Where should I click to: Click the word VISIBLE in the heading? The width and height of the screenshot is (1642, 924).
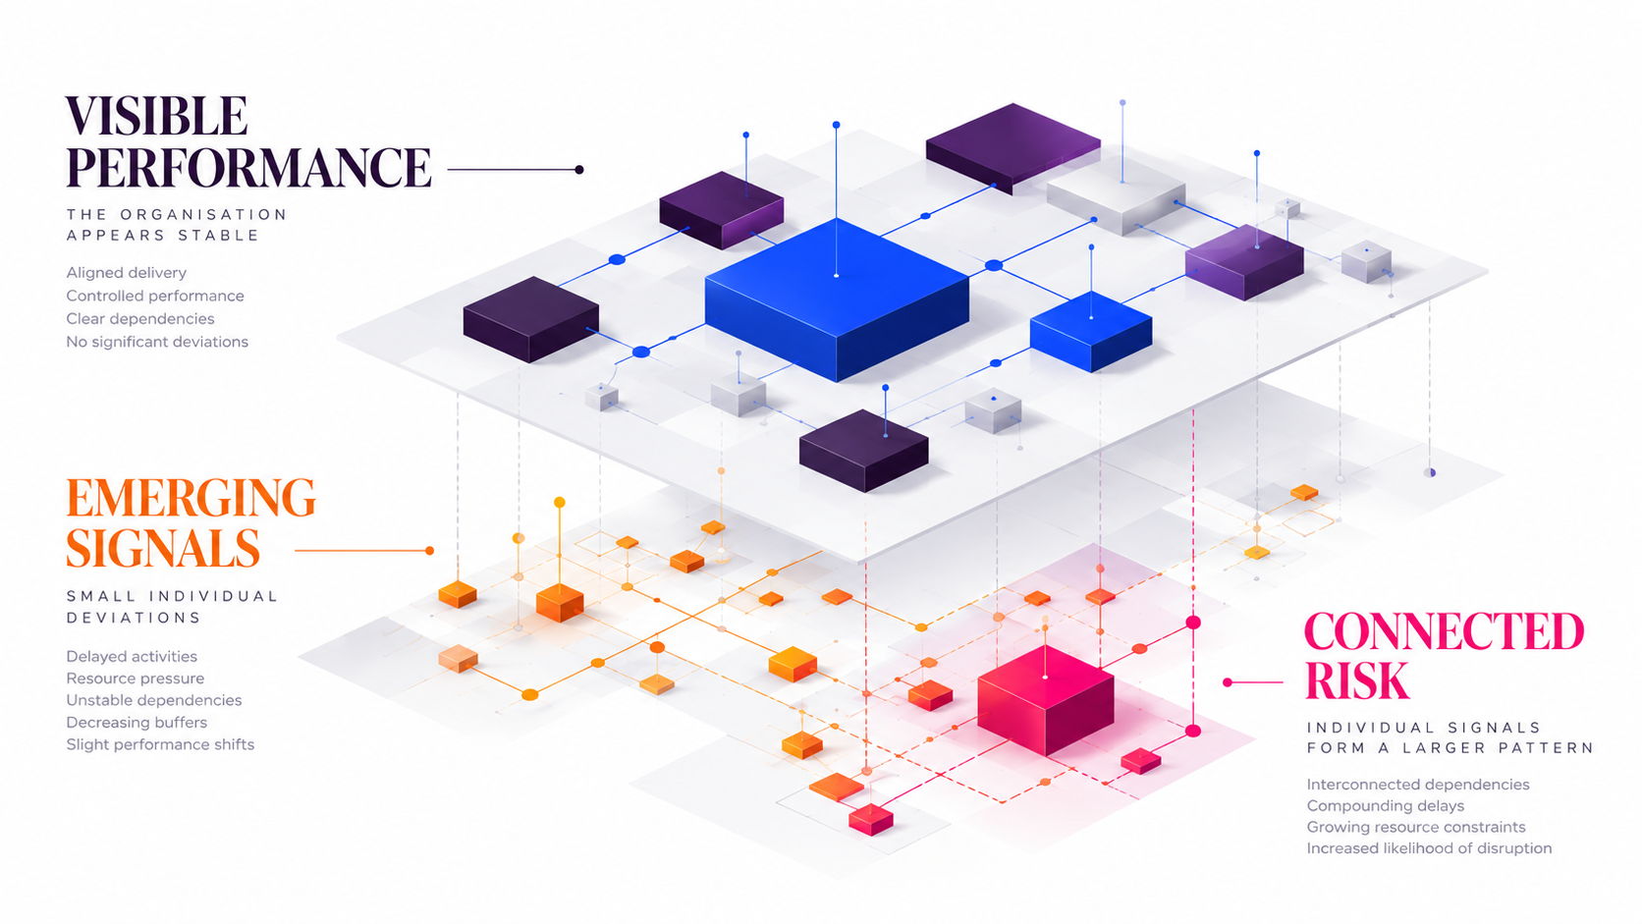(156, 117)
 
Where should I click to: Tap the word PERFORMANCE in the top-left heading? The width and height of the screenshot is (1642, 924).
(248, 168)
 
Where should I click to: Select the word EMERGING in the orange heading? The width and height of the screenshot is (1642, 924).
(191, 498)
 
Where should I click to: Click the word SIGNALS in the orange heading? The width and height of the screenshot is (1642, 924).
(163, 548)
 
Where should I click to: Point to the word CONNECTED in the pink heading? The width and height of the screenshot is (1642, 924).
(1444, 631)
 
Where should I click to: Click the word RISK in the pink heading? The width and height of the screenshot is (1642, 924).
(1357, 680)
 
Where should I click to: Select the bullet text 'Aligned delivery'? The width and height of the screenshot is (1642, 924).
(126, 273)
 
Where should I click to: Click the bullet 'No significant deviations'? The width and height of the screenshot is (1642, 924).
(157, 342)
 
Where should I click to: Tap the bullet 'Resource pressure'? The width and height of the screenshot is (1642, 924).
(135, 679)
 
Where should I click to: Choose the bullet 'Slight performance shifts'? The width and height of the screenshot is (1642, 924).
(160, 744)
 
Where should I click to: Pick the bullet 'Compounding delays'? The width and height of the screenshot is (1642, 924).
(1386, 806)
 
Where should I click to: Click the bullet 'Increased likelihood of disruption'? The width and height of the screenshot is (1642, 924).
(1429, 848)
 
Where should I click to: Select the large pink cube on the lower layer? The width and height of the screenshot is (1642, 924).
(1045, 700)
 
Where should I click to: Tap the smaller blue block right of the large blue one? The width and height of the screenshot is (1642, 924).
(1091, 331)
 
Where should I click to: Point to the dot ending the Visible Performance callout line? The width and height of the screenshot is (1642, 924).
(579, 170)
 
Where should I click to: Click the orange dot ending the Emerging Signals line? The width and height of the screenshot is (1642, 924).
(429, 550)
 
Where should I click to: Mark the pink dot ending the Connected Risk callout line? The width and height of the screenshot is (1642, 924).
(1228, 682)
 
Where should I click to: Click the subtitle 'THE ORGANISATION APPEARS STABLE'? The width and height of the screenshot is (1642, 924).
(176, 225)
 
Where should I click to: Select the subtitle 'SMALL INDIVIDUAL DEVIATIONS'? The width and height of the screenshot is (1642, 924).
(172, 607)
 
